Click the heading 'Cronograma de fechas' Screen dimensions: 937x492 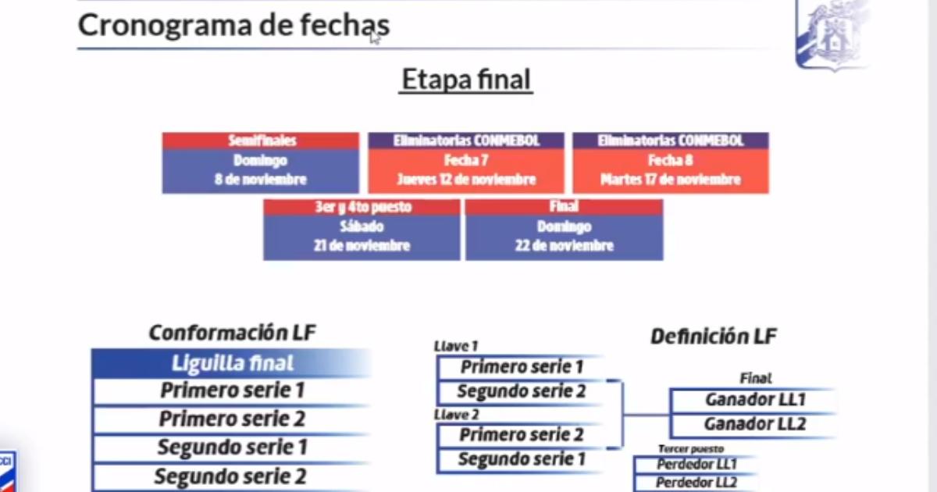click(233, 25)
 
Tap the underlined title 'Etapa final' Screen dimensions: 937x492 click(465, 80)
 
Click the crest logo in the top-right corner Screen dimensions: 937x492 click(832, 34)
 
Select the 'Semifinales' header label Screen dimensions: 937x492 click(262, 141)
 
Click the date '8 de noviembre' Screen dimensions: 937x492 click(261, 180)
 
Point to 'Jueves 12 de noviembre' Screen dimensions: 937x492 click(466, 180)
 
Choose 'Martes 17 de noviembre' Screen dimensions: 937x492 click(671, 180)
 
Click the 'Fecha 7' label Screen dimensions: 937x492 click(466, 160)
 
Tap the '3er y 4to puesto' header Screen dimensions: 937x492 click(363, 207)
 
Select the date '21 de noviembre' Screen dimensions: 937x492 click(362, 245)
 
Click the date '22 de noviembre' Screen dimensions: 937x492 click(565, 245)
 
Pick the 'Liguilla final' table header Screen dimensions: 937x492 click(233, 363)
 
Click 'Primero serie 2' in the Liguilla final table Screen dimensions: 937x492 click(232, 419)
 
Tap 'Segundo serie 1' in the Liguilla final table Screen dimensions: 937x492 click(232, 447)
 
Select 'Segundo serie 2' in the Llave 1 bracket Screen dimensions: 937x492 click(522, 391)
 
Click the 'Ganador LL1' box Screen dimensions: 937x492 click(755, 400)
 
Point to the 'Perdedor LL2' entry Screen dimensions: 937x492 click(697, 483)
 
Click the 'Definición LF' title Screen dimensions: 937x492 click(713, 337)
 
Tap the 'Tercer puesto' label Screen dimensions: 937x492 click(691, 449)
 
